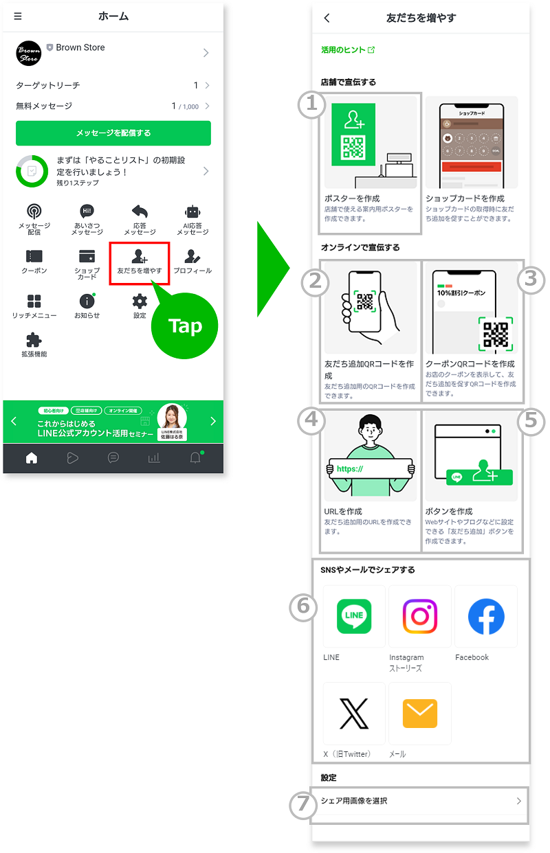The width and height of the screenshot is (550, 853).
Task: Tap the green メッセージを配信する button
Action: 113,133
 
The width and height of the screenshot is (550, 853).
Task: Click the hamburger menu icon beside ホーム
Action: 18,16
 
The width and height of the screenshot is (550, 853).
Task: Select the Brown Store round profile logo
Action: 28,53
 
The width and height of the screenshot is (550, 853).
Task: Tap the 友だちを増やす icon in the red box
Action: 140,257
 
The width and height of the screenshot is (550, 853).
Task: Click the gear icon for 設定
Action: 140,301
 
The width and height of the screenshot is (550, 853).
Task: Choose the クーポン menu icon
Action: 34,256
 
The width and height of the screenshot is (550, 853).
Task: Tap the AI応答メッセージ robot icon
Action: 192,212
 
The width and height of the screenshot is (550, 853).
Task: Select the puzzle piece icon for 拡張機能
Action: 34,340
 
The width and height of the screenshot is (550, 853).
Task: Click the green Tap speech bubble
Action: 184,326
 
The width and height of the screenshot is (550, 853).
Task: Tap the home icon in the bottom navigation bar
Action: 32,459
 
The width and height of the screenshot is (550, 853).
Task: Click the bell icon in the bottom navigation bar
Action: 195,459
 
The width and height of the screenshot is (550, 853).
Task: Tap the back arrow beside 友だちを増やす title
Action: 327,19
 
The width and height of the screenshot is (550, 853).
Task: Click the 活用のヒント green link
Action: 348,50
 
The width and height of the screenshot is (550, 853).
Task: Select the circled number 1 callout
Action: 311,105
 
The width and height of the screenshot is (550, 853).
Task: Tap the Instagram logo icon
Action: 420,616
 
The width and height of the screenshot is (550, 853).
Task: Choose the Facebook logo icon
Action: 486,616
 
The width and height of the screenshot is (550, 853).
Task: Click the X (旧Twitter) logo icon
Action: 354,714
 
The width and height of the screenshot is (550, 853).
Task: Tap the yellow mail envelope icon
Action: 420,714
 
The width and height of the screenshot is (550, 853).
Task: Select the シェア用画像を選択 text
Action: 354,801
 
